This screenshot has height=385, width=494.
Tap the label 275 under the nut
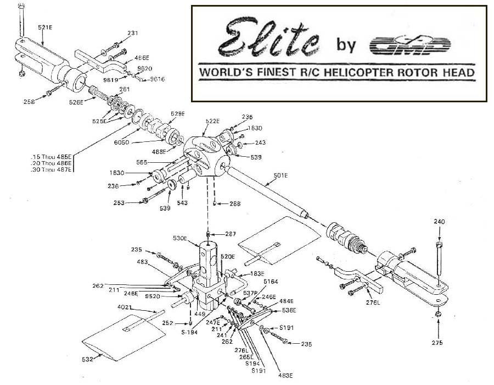tap(437, 343)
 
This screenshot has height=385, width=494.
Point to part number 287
tap(231, 234)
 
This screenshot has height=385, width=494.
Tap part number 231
tap(132, 34)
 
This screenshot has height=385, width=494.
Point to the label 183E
tap(257, 273)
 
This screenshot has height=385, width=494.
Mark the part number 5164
tap(270, 282)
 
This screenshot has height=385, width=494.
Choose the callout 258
tap(30, 102)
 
